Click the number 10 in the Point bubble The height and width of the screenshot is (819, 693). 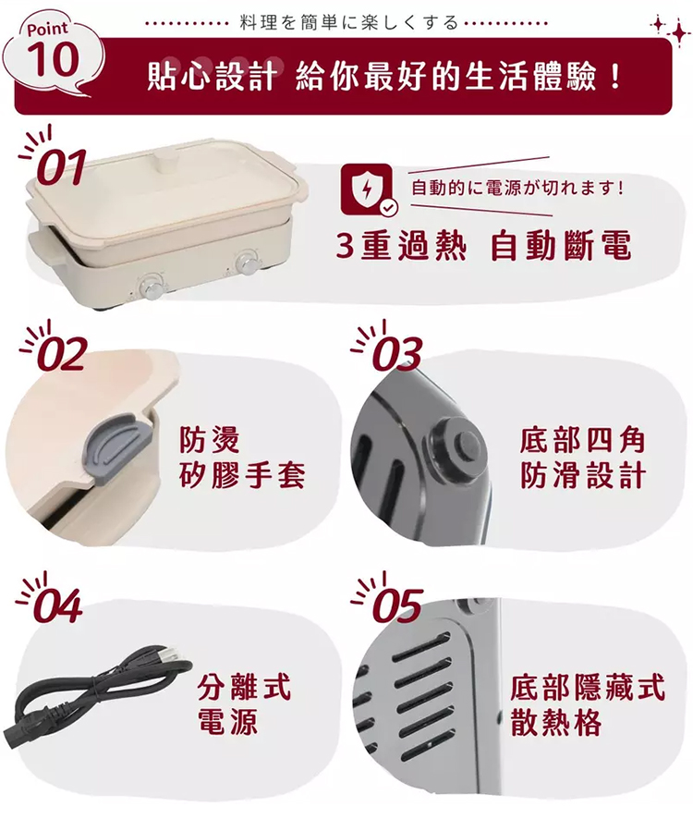pyautogui.click(x=54, y=58)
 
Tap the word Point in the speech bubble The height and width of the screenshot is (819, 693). pyautogui.click(x=47, y=29)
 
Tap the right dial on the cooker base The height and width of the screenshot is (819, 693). pyautogui.click(x=246, y=263)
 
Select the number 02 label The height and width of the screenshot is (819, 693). pyautogui.click(x=63, y=354)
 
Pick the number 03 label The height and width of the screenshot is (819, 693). pyautogui.click(x=398, y=354)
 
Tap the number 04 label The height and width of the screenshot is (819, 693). pyautogui.click(x=58, y=605)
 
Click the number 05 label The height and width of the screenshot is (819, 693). pyautogui.click(x=398, y=605)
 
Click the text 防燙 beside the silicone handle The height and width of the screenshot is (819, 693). pyautogui.click(x=210, y=439)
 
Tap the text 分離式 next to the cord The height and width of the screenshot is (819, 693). pyautogui.click(x=244, y=686)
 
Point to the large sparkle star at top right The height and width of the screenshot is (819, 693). pyautogui.click(x=679, y=32)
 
